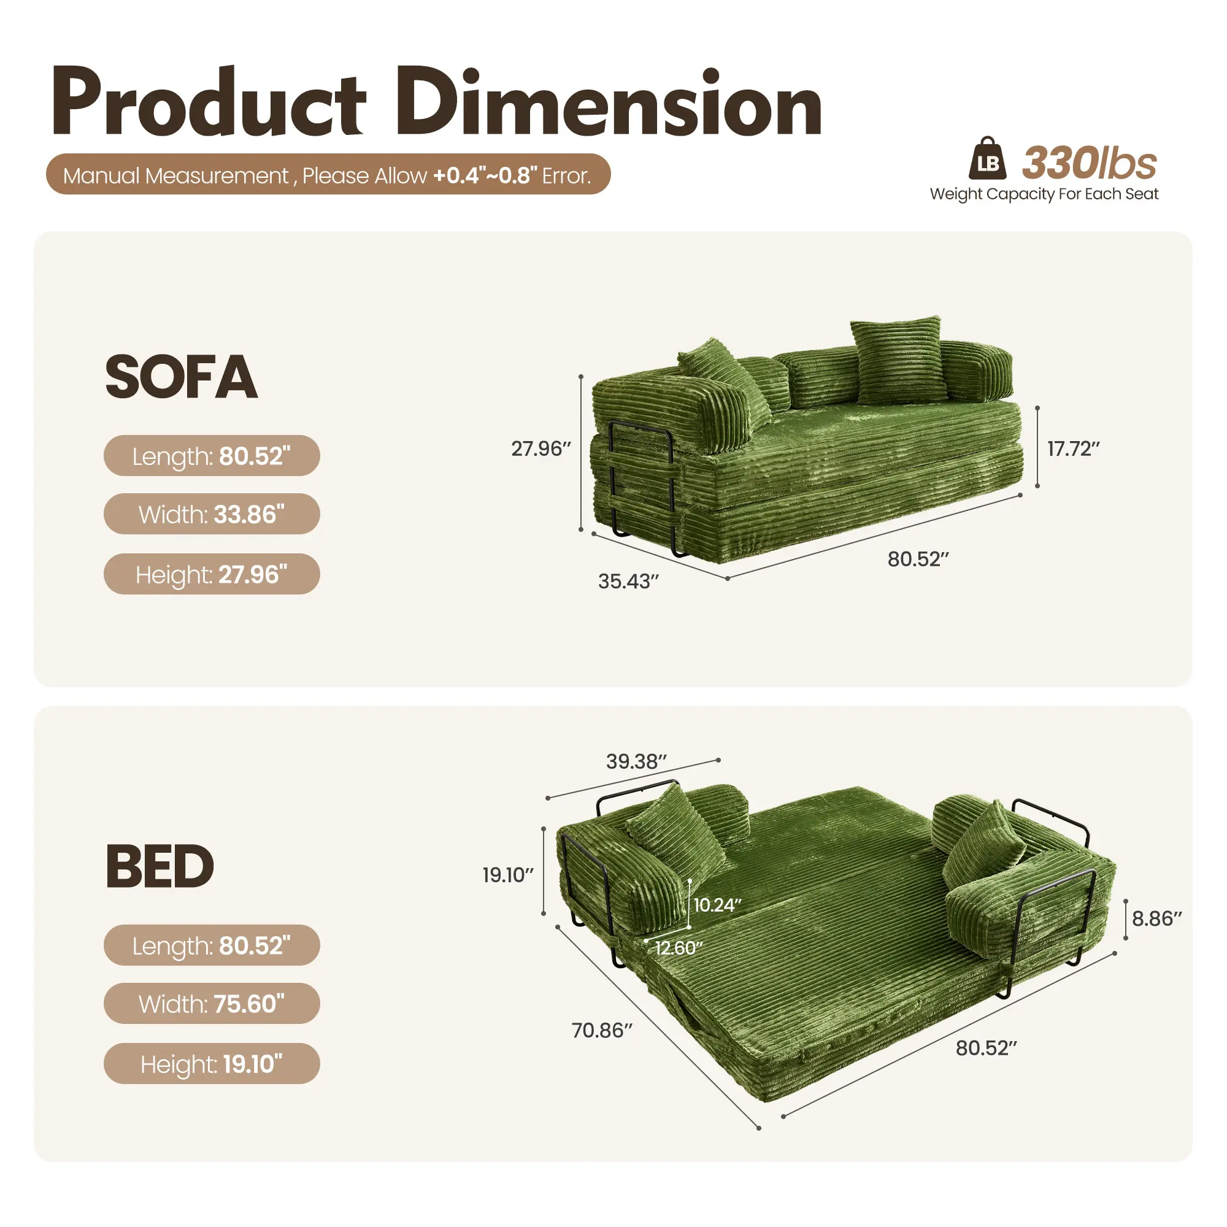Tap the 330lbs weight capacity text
1090,163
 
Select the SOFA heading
181,377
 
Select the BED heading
160,866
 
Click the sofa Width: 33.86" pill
212,513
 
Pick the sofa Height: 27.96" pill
212,574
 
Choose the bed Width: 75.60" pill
212,1004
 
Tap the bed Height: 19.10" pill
212,1064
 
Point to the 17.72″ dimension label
1073,449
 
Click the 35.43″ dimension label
628,581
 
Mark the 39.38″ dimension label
636,761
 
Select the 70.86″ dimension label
602,1030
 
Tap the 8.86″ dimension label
1157,919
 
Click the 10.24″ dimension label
717,905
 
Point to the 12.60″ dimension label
679,948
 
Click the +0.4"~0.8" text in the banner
485,175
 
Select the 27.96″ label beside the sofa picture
541,449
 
